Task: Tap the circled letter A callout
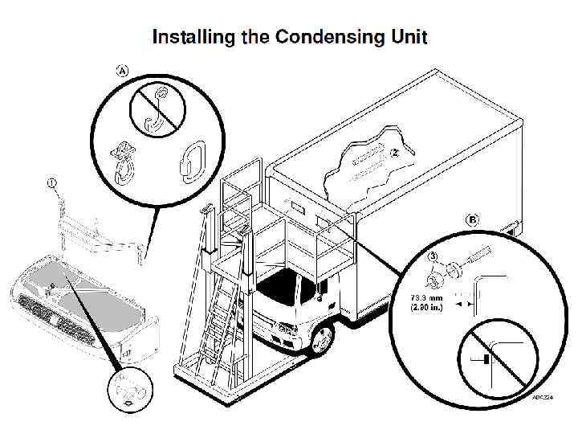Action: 123,70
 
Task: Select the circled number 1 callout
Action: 52,183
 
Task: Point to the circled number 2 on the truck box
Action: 395,151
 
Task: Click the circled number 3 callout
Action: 432,257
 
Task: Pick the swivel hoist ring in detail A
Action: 123,160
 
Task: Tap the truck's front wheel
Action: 322,340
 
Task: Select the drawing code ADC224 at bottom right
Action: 543,396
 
